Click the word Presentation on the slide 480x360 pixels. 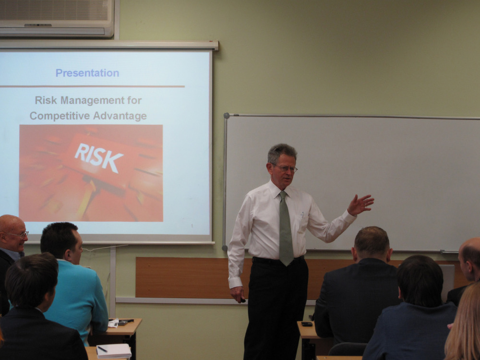tap(87, 73)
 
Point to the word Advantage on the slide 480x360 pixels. tap(120, 116)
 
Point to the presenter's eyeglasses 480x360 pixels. tap(285, 168)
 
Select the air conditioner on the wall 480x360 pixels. tap(57, 18)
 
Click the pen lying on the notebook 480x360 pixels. tap(102, 348)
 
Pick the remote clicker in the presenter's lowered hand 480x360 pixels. tap(243, 300)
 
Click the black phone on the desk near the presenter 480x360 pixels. tap(307, 324)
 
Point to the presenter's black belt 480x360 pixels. tap(278, 260)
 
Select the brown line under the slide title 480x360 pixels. tap(92, 86)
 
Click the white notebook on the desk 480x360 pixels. tap(114, 351)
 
